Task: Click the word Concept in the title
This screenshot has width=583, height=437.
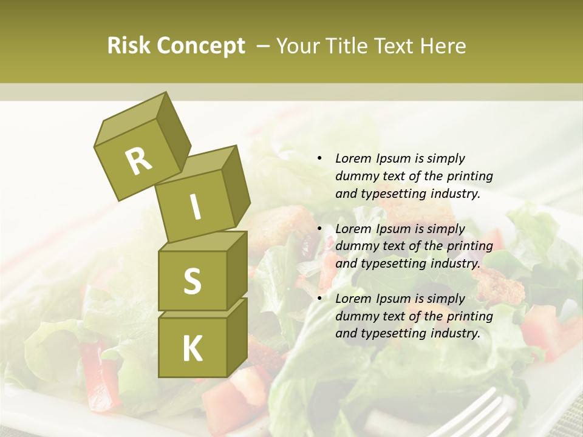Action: [200, 46]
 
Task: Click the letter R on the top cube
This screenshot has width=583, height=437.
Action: [138, 161]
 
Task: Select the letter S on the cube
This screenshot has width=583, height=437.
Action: [192, 281]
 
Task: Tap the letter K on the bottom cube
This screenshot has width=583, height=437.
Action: [192, 349]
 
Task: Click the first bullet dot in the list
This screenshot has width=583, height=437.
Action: [319, 159]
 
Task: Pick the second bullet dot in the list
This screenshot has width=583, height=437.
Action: [319, 229]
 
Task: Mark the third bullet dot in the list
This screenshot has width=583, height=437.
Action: [319, 299]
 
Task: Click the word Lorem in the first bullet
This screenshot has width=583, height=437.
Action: [352, 159]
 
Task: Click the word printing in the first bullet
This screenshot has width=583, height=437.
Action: [471, 177]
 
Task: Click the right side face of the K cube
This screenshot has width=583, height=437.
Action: [237, 337]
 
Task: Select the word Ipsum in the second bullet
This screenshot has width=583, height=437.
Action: [392, 229]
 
